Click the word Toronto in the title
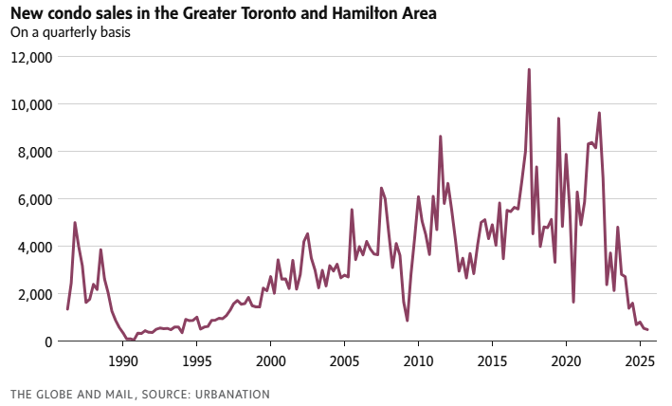click(x=273, y=14)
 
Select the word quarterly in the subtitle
click(x=71, y=32)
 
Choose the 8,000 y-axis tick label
click(x=37, y=152)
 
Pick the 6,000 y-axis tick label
click(x=37, y=199)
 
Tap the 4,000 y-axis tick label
click(x=37, y=247)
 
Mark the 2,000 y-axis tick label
click(x=37, y=294)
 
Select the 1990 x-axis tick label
click(x=122, y=360)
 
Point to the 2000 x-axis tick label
click(x=270, y=360)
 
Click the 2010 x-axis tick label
click(x=418, y=360)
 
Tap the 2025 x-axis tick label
click(x=640, y=360)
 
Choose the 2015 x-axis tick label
click(x=492, y=360)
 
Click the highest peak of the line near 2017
click(x=529, y=69)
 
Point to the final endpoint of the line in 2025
click(x=646, y=330)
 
